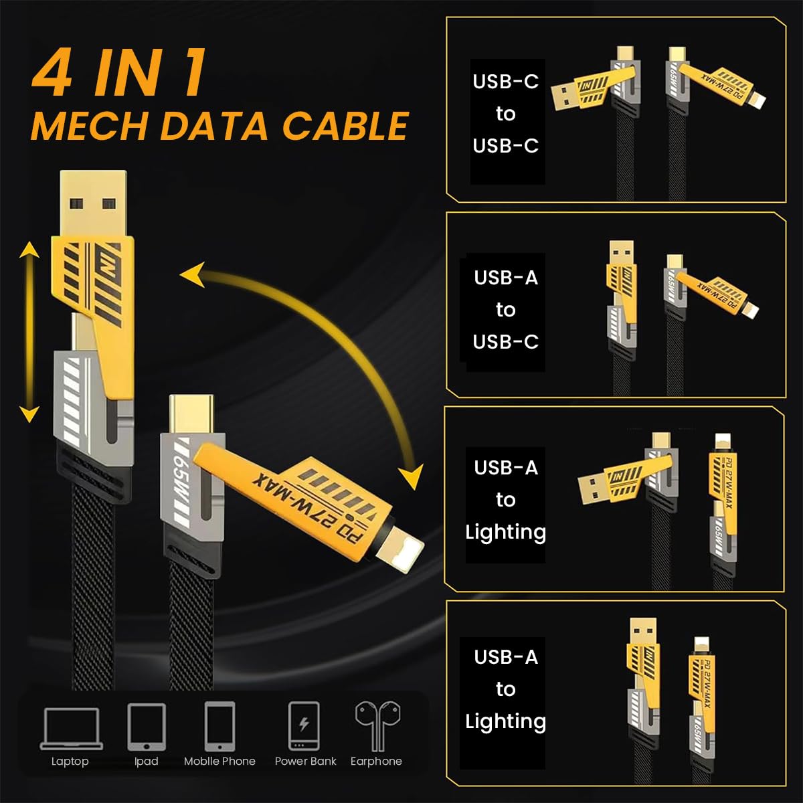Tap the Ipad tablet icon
[146, 727]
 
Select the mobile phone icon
[219, 727]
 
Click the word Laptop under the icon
[70, 762]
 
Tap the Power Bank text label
[305, 762]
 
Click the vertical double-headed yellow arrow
[29, 333]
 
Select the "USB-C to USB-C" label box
[507, 114]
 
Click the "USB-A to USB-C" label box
[506, 310]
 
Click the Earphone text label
[376, 762]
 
